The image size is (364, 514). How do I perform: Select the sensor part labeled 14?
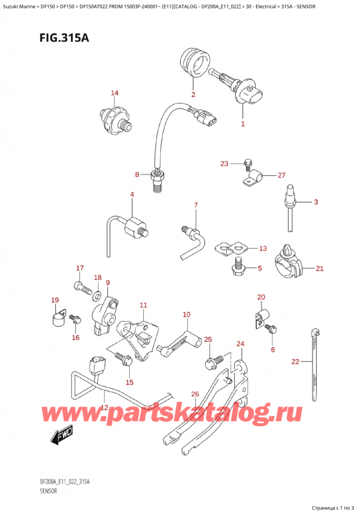coord(117,117)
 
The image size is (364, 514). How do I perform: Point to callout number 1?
coord(243,124)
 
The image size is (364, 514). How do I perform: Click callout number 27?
coord(281,175)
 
